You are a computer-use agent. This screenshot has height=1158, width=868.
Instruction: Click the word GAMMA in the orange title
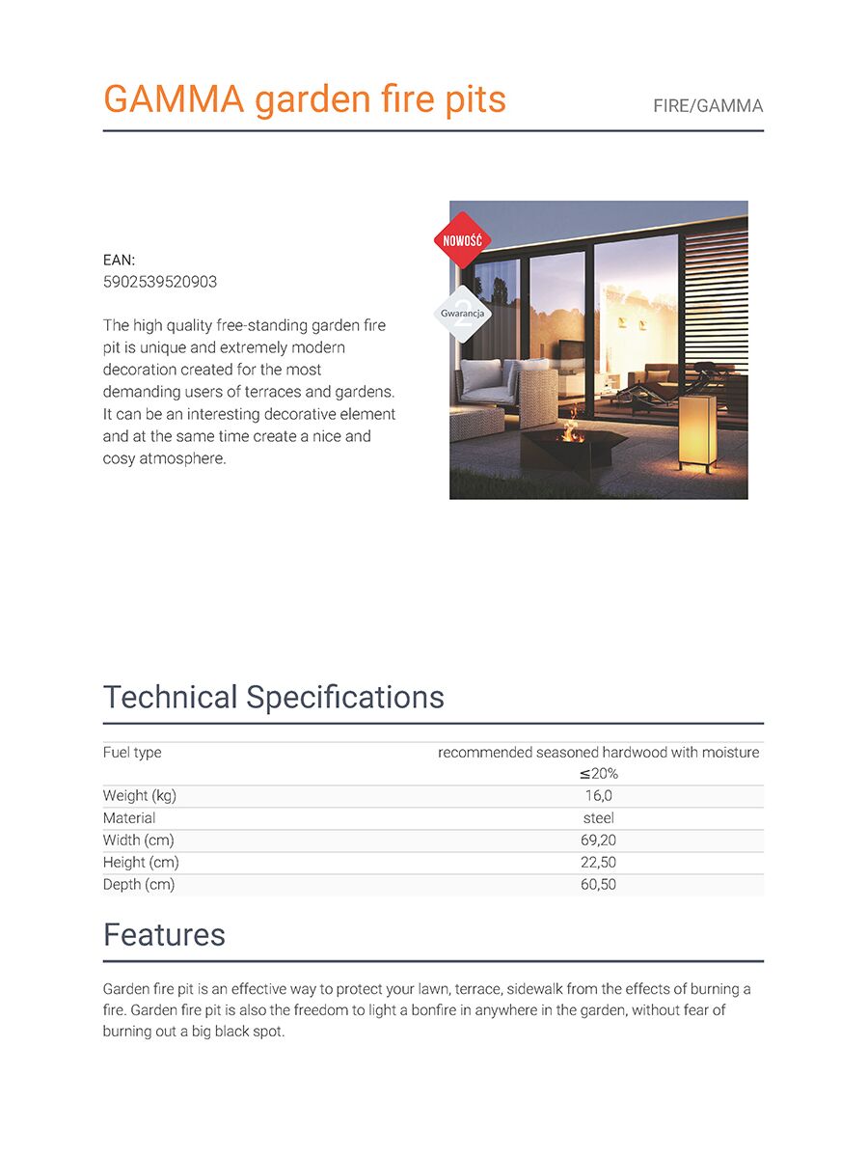click(174, 99)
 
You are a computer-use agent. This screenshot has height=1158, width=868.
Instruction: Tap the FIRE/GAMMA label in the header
click(708, 106)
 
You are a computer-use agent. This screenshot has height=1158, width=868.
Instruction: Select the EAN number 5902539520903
click(160, 282)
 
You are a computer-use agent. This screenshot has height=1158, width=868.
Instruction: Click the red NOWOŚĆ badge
click(463, 239)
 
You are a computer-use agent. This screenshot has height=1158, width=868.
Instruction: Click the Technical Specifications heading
click(274, 697)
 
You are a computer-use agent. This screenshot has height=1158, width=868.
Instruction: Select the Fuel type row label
click(132, 752)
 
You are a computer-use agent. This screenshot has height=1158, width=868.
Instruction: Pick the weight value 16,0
click(598, 796)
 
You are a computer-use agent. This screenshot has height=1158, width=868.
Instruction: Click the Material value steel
click(598, 818)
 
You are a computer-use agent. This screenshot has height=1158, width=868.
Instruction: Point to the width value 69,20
click(598, 841)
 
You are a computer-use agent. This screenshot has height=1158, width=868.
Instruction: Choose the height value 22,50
click(598, 863)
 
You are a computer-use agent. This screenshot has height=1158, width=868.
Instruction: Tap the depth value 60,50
click(598, 885)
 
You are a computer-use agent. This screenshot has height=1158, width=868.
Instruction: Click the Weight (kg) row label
click(140, 796)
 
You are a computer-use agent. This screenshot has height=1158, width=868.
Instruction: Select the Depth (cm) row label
click(139, 885)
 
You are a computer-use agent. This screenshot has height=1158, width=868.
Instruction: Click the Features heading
click(164, 934)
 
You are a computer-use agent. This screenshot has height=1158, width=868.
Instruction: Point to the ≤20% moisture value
click(598, 774)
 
